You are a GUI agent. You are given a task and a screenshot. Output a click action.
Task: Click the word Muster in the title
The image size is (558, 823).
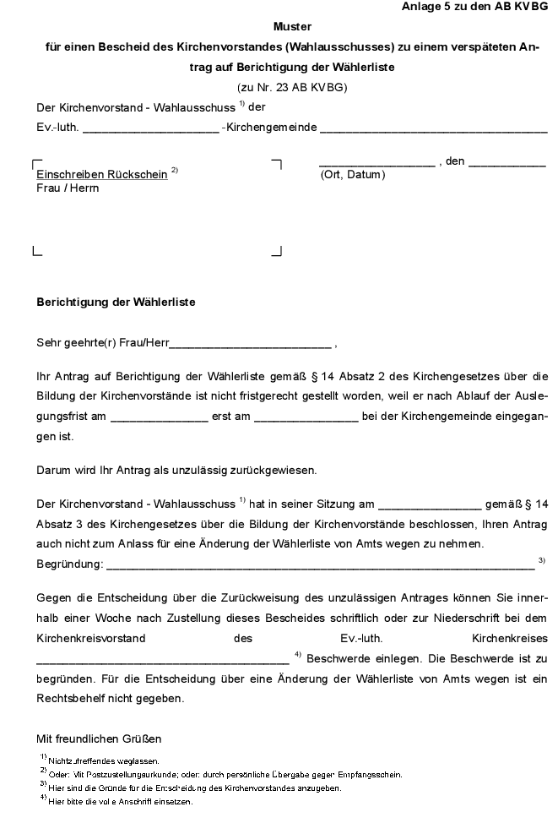pos(292,27)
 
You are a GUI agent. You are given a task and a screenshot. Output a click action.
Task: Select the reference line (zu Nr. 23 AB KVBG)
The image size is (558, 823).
pos(292,87)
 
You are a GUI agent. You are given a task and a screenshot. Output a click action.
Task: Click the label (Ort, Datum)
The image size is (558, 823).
pos(352,175)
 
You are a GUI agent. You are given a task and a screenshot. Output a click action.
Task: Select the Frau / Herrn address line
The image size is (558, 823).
pos(68,188)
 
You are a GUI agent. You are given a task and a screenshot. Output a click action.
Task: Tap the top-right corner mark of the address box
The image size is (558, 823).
pos(276,162)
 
